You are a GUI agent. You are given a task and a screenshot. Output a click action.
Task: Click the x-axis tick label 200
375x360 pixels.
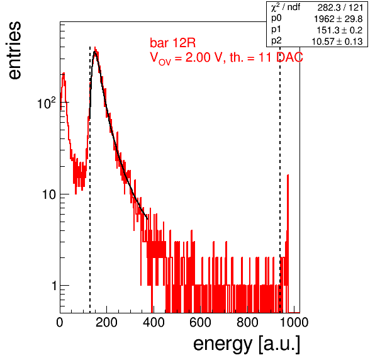[x=106, y=323]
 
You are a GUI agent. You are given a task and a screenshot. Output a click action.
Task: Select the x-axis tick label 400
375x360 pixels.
[x=154, y=323]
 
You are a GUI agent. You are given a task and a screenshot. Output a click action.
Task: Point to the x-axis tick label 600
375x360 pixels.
[x=201, y=323]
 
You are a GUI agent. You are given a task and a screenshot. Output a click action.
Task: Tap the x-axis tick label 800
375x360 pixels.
[x=247, y=323]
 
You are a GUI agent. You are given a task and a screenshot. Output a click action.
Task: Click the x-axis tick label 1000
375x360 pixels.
[x=294, y=323]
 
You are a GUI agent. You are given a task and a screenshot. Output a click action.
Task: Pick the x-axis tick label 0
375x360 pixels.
[x=60, y=323]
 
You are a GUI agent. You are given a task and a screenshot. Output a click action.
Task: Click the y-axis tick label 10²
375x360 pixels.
[x=47, y=103]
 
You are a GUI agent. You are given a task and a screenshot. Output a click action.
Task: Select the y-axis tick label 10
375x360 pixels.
[x=49, y=194]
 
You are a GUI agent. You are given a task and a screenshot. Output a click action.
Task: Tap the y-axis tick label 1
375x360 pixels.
[x=54, y=286]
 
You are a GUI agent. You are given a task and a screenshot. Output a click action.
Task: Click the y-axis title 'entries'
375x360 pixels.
[x=15, y=50]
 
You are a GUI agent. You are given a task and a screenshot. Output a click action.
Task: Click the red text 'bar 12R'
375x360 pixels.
[x=172, y=43]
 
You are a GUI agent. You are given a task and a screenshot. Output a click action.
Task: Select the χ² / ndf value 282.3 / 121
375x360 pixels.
[x=340, y=8]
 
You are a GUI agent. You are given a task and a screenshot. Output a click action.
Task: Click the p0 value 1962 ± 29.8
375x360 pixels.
[x=338, y=19]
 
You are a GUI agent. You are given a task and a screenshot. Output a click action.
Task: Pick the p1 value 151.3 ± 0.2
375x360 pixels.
[x=340, y=30]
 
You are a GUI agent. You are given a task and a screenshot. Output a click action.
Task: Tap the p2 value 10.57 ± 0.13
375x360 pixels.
[x=337, y=42]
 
